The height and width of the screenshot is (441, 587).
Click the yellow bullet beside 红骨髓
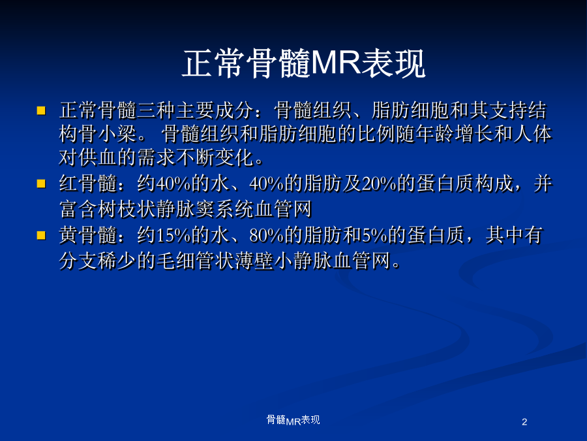(41, 184)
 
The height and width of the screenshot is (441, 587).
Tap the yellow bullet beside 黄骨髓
(41, 235)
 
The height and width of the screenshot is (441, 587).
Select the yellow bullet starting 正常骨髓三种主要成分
(41, 110)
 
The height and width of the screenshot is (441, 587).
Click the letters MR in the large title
(336, 63)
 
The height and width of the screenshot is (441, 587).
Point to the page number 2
(524, 422)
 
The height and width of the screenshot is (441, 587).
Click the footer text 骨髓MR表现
(293, 420)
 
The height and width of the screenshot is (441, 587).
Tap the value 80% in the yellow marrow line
(267, 235)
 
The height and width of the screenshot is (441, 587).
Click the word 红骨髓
(88, 184)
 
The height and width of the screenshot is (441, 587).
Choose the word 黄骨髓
(88, 235)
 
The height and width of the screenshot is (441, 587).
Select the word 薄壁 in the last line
(254, 261)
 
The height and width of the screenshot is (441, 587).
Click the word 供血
(98, 157)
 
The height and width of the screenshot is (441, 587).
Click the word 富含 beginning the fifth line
(79, 209)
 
